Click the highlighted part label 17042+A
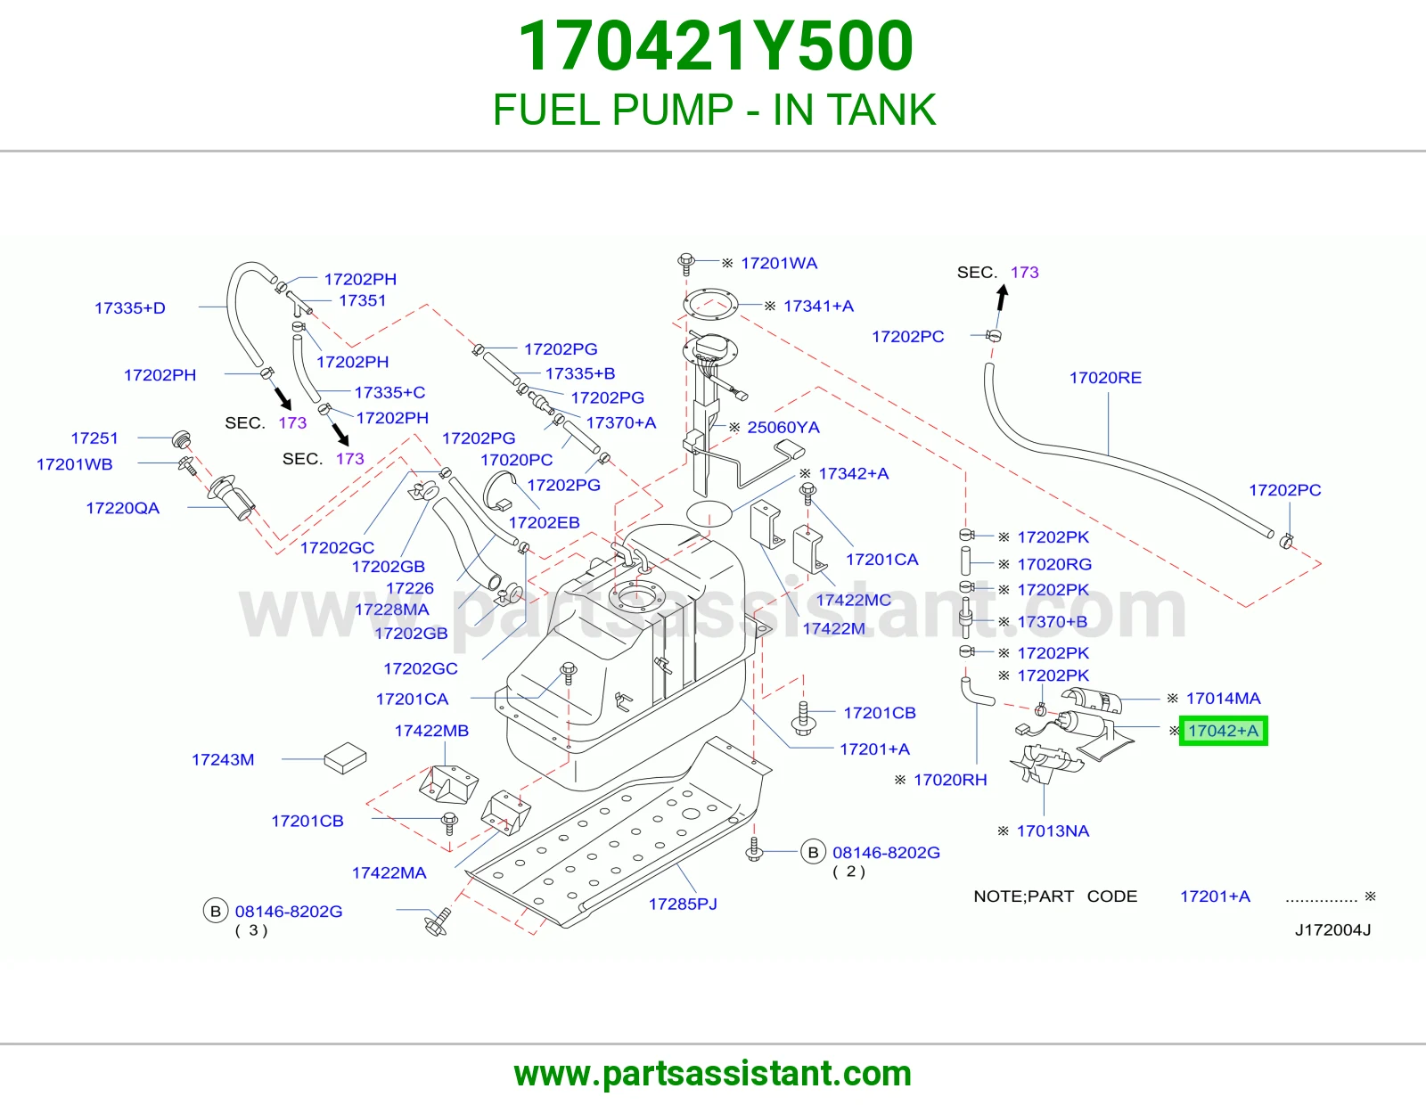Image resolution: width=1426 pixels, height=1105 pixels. point(1223,731)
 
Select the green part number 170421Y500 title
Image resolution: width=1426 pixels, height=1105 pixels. point(716,46)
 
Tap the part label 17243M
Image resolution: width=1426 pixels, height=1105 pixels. point(223,760)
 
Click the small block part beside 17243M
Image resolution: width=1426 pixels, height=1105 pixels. point(345,757)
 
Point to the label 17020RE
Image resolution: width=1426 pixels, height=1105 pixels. point(1105,378)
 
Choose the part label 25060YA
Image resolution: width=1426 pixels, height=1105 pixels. point(783,428)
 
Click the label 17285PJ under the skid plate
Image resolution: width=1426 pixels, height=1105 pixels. point(683,904)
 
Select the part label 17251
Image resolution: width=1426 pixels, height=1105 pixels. point(94,438)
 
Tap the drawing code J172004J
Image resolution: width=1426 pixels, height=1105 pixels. point(1332,930)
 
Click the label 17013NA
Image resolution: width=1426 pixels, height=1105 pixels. point(1053,831)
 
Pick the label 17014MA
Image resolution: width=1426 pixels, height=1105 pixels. point(1223,699)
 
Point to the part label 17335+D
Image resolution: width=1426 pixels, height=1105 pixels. point(130,308)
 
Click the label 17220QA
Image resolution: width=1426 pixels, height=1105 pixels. point(123,509)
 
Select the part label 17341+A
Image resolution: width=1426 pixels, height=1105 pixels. point(818,307)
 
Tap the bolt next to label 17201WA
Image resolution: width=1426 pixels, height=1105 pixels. point(685,264)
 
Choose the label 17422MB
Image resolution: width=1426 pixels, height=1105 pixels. point(431,731)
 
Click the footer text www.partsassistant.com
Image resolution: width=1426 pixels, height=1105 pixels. point(713,1074)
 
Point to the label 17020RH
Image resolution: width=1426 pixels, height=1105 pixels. point(949,781)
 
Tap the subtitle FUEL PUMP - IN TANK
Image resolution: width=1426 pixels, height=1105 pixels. point(714,110)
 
